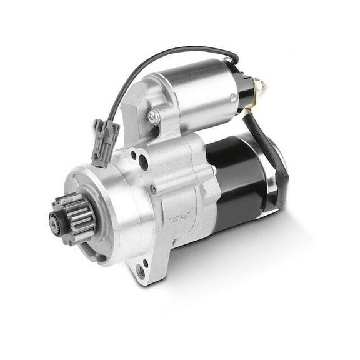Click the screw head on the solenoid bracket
click(154, 116)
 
